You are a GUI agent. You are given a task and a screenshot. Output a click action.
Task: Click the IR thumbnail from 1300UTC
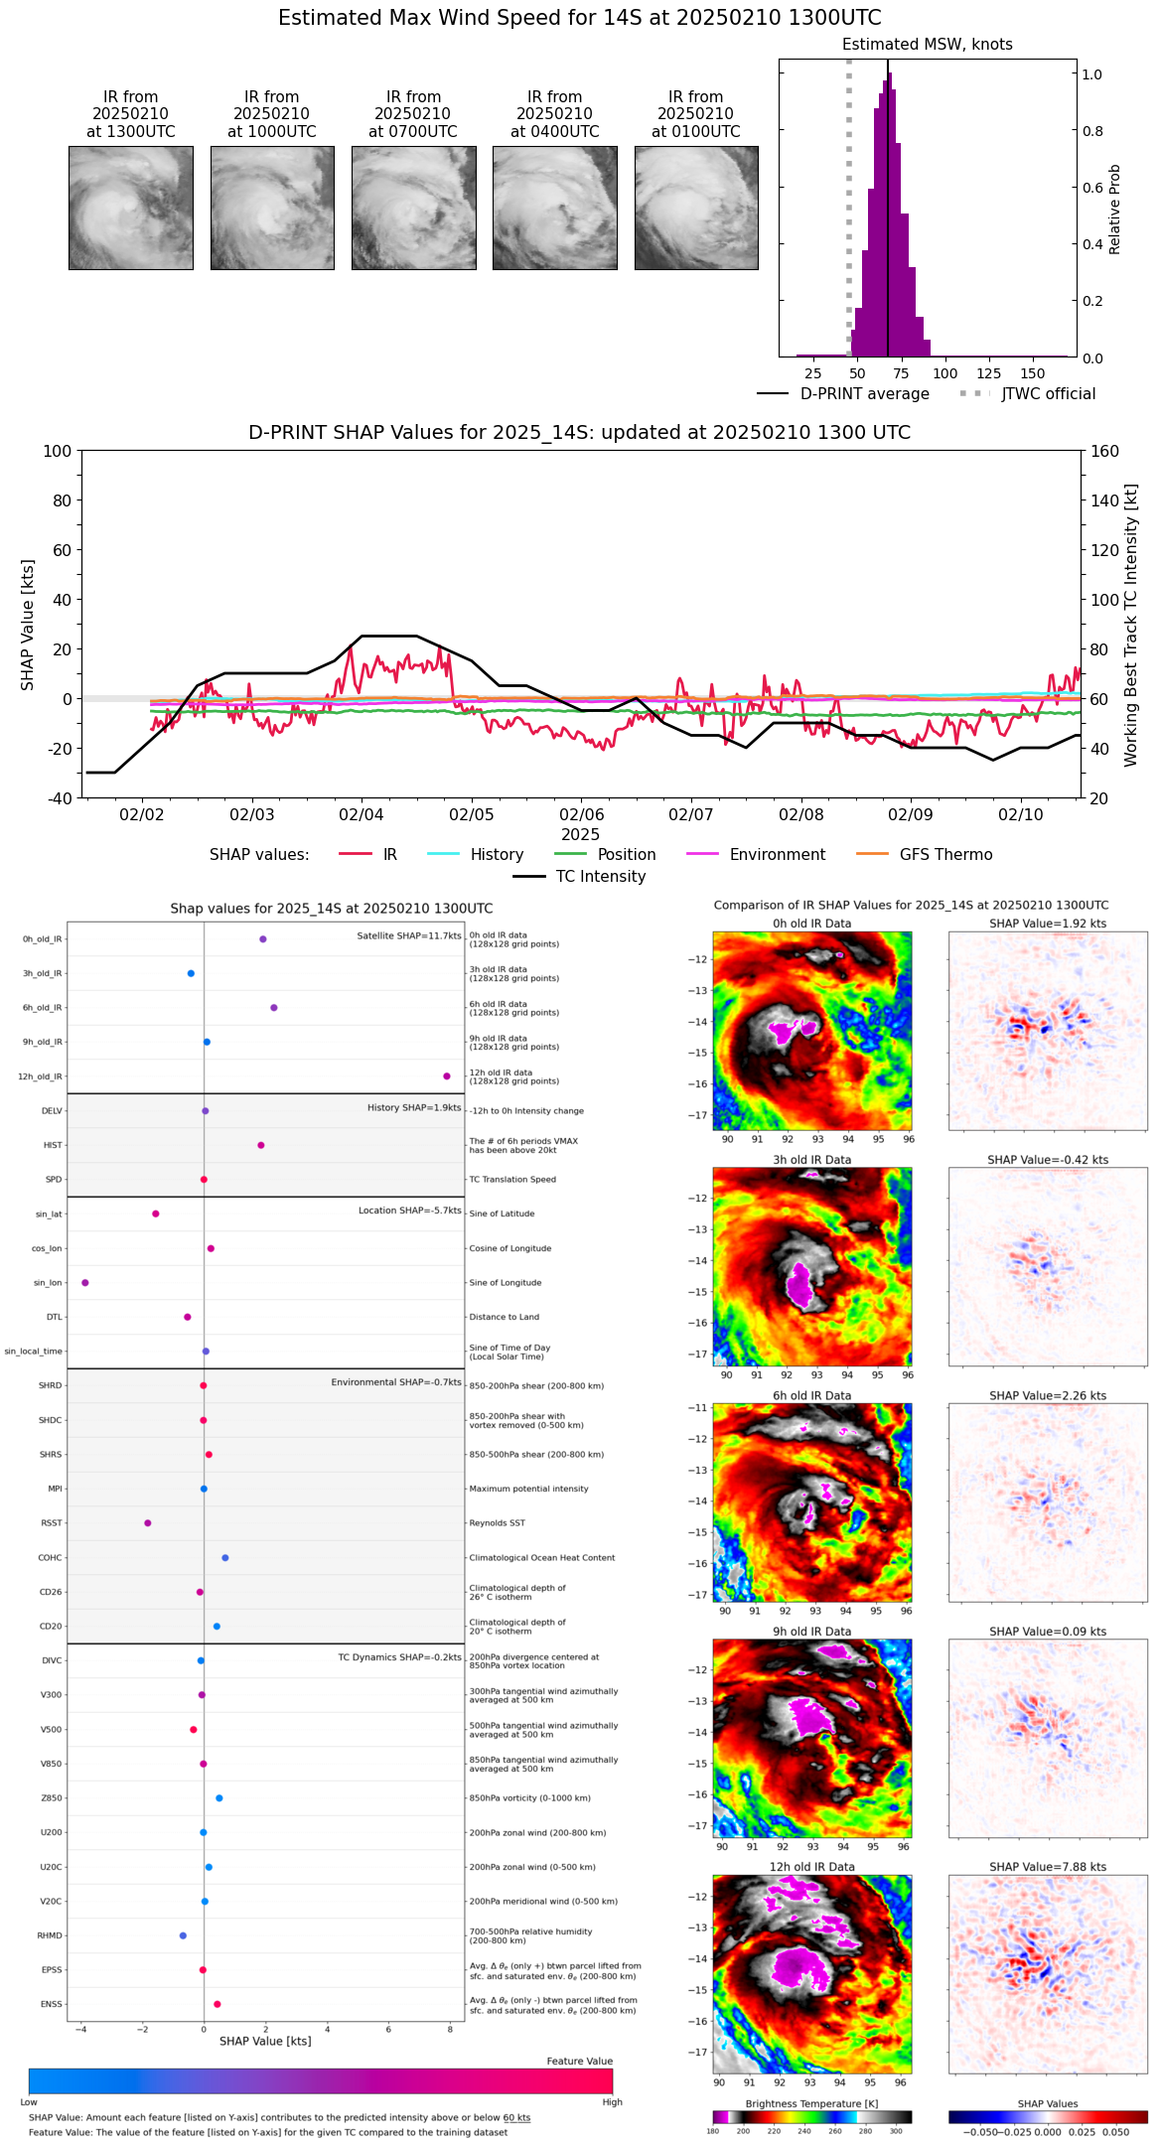coord(131,208)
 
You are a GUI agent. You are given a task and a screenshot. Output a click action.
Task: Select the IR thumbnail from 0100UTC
coord(696,208)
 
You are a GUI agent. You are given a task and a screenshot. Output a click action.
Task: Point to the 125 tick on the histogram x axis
coord(989,374)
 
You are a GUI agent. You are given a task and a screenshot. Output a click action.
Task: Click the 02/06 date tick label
coord(581,814)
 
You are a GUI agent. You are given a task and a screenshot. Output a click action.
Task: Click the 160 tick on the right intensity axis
coord(1104,452)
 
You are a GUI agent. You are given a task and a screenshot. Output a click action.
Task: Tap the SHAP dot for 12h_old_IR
coord(447,1076)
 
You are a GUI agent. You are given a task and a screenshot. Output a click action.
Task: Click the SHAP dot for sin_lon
coord(85,1283)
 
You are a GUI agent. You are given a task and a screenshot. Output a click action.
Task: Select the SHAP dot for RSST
coord(148,1523)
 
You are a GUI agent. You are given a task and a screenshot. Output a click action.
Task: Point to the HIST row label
coord(53,1146)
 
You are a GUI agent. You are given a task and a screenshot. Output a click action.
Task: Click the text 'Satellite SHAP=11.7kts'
coord(409,936)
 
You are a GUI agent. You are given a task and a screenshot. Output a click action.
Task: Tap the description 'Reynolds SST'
coord(498,1523)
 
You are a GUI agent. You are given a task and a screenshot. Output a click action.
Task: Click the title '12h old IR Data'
coord(811,1867)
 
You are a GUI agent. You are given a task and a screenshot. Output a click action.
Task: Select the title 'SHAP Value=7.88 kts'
coord(1048,1867)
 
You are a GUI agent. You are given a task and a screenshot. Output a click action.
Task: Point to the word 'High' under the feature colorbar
coord(612,2102)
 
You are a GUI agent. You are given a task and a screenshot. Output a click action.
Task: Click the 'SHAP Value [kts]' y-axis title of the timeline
coord(28,625)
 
